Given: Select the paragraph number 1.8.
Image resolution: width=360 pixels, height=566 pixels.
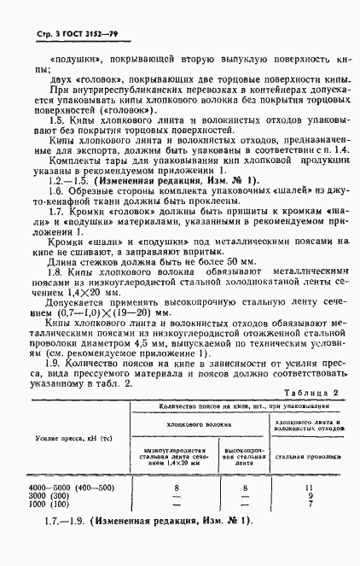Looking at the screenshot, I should click(x=58, y=270).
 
